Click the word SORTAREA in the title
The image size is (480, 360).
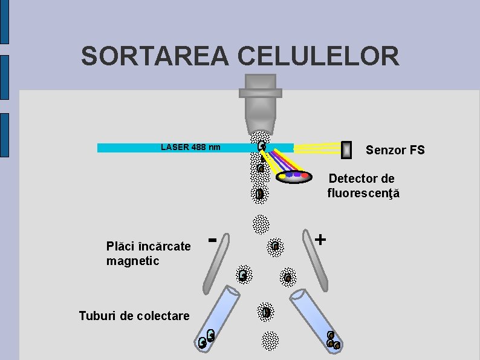tap(155, 56)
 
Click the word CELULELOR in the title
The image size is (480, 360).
tap(319, 56)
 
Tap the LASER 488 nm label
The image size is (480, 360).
tap(190, 147)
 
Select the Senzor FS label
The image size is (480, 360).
tap(395, 150)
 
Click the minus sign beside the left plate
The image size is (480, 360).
tap(212, 240)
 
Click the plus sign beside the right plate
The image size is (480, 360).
tap(320, 239)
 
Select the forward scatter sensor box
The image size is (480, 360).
tap(346, 149)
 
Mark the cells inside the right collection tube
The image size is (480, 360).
tap(332, 341)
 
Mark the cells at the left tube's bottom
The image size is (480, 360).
tap(207, 339)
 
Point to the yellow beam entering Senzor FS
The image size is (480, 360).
tap(317, 147)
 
